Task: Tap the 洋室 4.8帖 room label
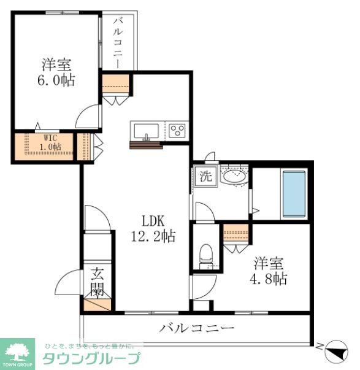click(270, 271)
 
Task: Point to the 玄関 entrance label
click(98, 282)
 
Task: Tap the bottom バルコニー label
click(197, 328)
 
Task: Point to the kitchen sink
click(146, 131)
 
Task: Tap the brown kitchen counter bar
click(146, 145)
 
